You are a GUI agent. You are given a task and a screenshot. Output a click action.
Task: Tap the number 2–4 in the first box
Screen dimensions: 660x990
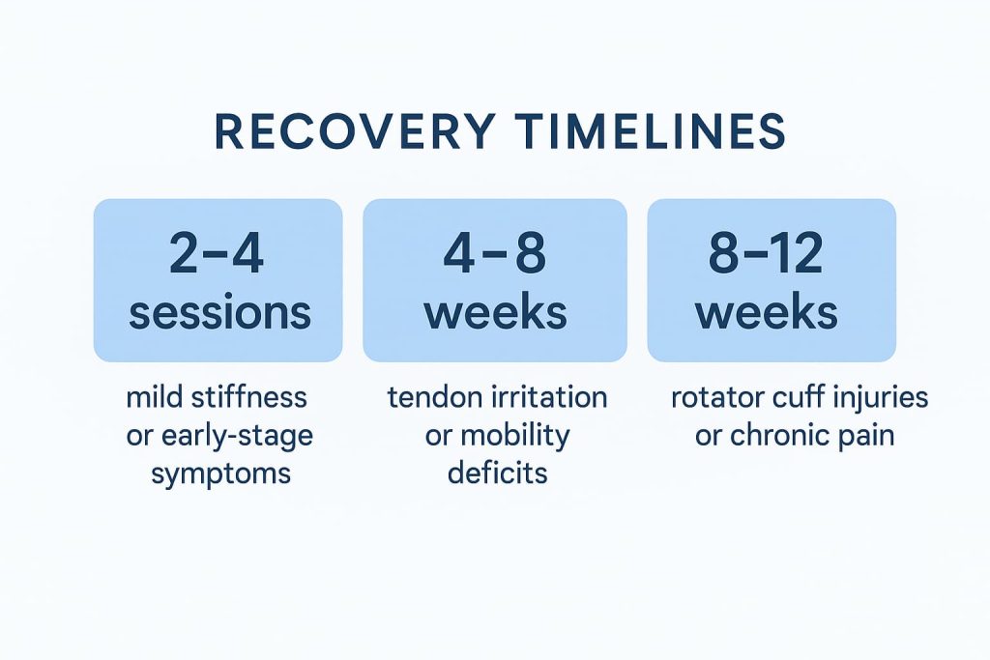[217, 254]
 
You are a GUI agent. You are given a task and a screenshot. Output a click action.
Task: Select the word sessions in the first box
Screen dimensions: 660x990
[219, 312]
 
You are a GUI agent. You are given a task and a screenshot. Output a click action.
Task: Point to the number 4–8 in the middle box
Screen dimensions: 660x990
[495, 254]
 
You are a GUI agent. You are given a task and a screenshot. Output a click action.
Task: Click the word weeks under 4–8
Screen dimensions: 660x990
[495, 312]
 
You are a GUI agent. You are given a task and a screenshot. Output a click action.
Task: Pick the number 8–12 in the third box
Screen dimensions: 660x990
[771, 254]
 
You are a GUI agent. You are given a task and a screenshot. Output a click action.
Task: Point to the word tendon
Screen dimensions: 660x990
[426, 397]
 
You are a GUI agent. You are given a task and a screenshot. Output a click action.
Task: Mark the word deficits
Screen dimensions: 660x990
[497, 473]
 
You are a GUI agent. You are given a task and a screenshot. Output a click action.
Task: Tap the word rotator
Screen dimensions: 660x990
[713, 397]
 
